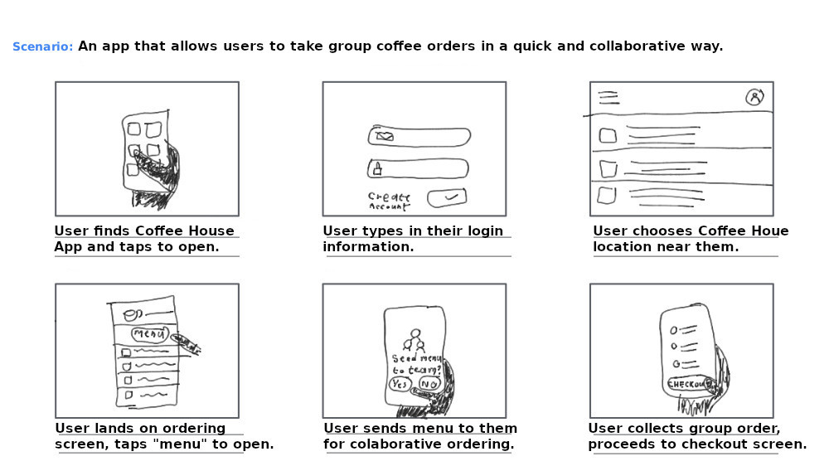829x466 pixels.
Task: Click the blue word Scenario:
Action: pos(42,46)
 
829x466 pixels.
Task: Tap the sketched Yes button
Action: pos(400,384)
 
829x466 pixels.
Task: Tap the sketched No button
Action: pos(428,384)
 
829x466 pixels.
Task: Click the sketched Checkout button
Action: pos(689,385)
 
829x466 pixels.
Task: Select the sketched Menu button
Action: pos(150,334)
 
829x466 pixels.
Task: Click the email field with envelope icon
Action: pos(419,136)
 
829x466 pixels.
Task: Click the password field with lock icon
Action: pos(418,168)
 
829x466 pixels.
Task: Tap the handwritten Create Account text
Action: pos(389,201)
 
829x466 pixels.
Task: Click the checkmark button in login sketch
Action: pos(447,197)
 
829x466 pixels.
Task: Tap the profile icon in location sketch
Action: pos(754,97)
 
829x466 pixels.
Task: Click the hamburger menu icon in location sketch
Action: pos(608,97)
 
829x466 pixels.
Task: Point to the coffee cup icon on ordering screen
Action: pos(131,314)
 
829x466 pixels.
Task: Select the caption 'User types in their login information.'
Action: pos(412,239)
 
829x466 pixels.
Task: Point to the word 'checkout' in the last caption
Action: pos(714,444)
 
